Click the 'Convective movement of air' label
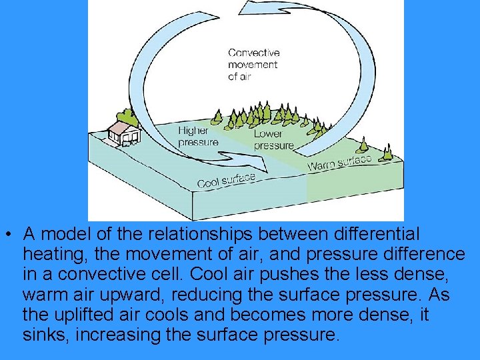click(253, 65)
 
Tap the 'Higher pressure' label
click(197, 137)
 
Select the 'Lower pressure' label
click(273, 140)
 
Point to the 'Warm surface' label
click(339, 161)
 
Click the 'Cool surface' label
click(227, 179)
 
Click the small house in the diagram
click(123, 131)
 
